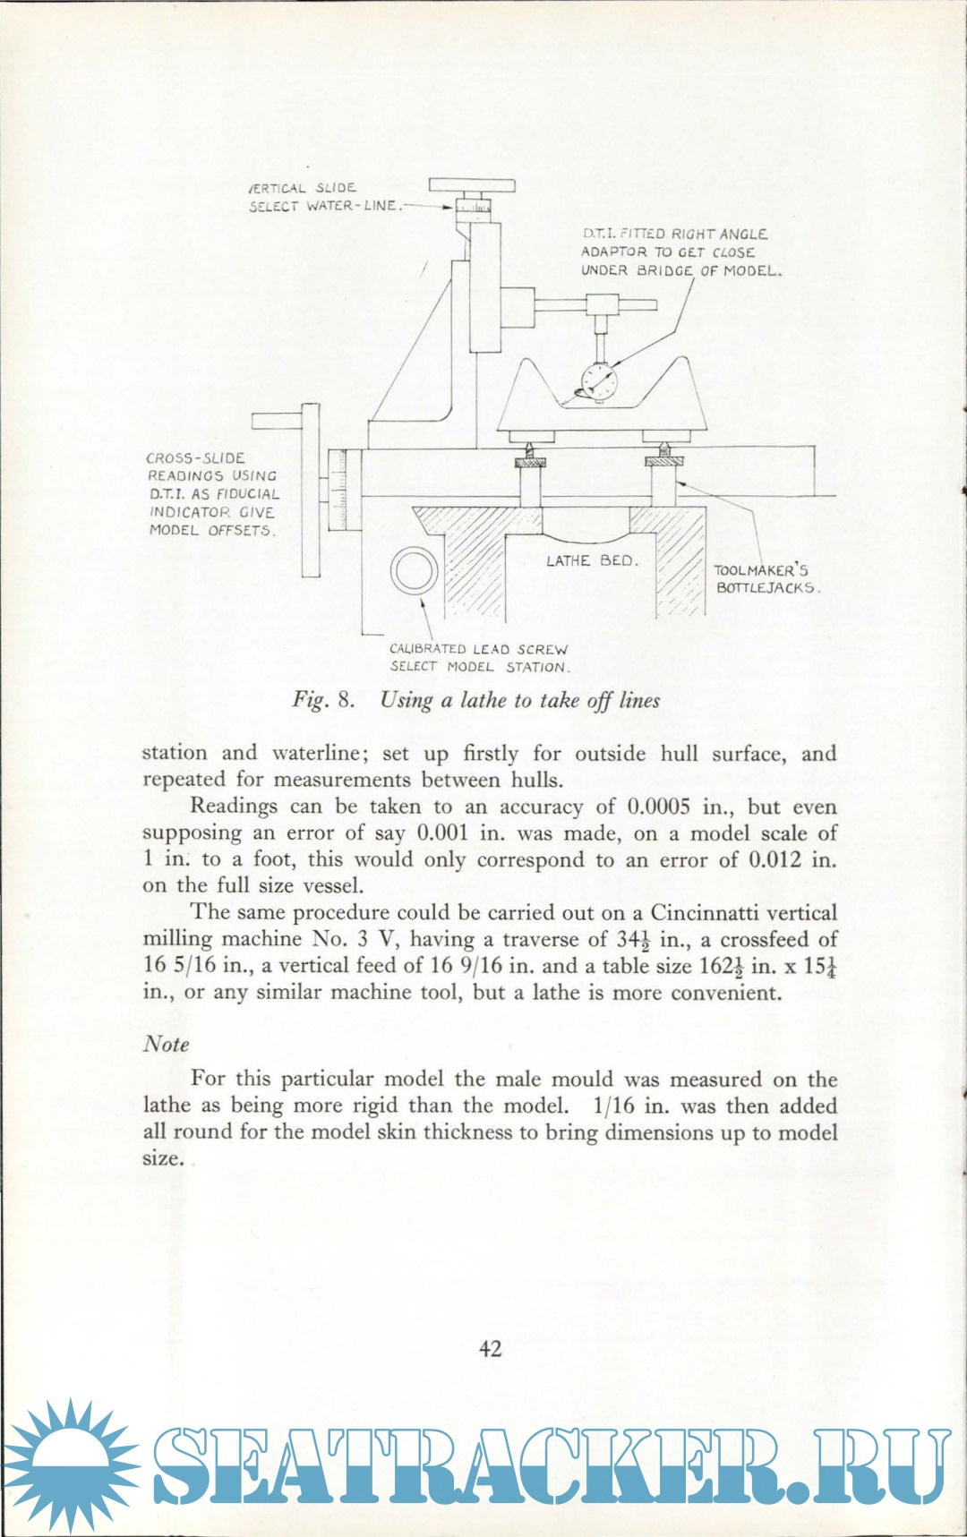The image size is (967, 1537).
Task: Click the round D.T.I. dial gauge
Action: point(599,382)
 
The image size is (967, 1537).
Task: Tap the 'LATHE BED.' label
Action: point(592,561)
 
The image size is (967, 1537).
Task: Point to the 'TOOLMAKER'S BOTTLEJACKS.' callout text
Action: point(766,579)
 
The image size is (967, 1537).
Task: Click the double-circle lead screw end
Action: point(414,570)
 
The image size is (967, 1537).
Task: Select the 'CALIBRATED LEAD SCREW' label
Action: point(478,650)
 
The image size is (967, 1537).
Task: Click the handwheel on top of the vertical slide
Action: point(472,186)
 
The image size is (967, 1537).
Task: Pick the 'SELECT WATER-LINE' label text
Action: point(322,206)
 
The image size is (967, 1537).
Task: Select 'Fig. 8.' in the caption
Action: point(323,700)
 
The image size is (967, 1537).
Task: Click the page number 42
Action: point(491,1349)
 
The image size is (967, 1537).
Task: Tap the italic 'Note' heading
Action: point(167,1045)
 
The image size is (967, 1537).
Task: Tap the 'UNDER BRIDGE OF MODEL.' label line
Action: point(681,270)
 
